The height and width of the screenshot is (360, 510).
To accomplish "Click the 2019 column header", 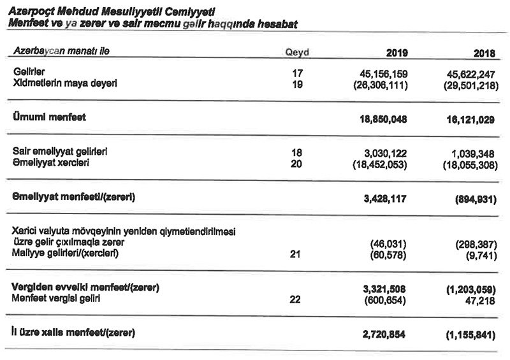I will [x=397, y=53].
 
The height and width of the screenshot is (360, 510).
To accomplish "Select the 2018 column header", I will [x=484, y=53].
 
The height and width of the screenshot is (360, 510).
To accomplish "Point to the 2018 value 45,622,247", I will [x=470, y=73].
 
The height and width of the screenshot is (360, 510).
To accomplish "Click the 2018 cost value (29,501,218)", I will [x=469, y=84].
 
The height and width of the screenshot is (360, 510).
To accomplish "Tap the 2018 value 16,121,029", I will [x=470, y=119].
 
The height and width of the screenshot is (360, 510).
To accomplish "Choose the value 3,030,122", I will [x=385, y=153].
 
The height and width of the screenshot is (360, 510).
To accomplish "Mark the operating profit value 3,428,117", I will [x=385, y=198].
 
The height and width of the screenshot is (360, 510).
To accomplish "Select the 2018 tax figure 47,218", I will [x=482, y=300].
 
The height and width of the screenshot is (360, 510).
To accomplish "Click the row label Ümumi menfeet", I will [x=48, y=118].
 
